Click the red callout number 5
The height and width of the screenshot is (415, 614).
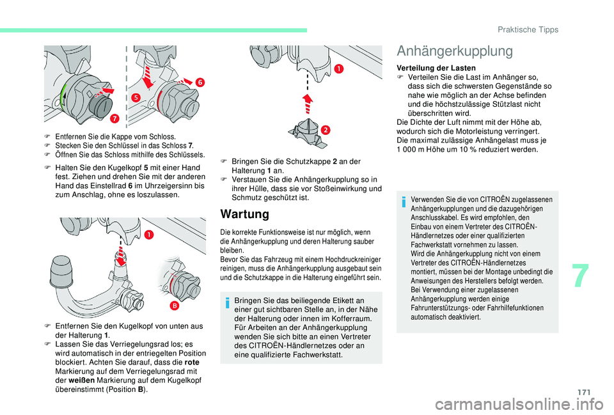[136, 97]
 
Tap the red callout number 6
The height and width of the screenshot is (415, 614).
[200, 82]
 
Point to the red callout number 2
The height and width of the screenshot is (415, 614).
[326, 130]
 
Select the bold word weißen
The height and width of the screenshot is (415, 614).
[79, 379]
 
